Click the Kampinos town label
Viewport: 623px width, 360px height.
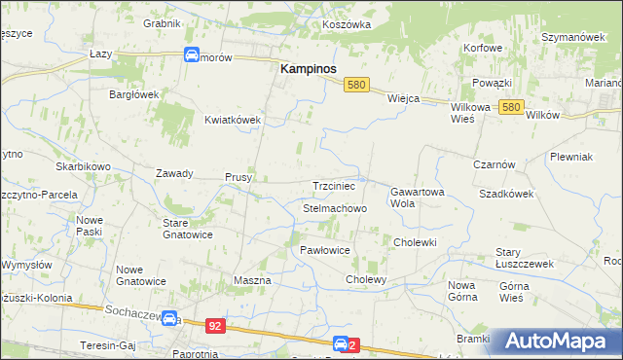309,69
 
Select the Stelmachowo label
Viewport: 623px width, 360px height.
334,209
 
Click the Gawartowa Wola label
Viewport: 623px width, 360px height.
417,198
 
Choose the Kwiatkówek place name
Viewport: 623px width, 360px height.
232,120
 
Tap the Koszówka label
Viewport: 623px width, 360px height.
347,22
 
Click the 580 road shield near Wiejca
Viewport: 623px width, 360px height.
356,86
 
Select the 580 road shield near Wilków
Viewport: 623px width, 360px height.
513,107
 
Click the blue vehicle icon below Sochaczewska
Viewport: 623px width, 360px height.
169,319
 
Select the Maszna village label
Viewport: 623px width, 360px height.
251,280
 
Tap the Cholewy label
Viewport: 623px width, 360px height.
366,279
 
